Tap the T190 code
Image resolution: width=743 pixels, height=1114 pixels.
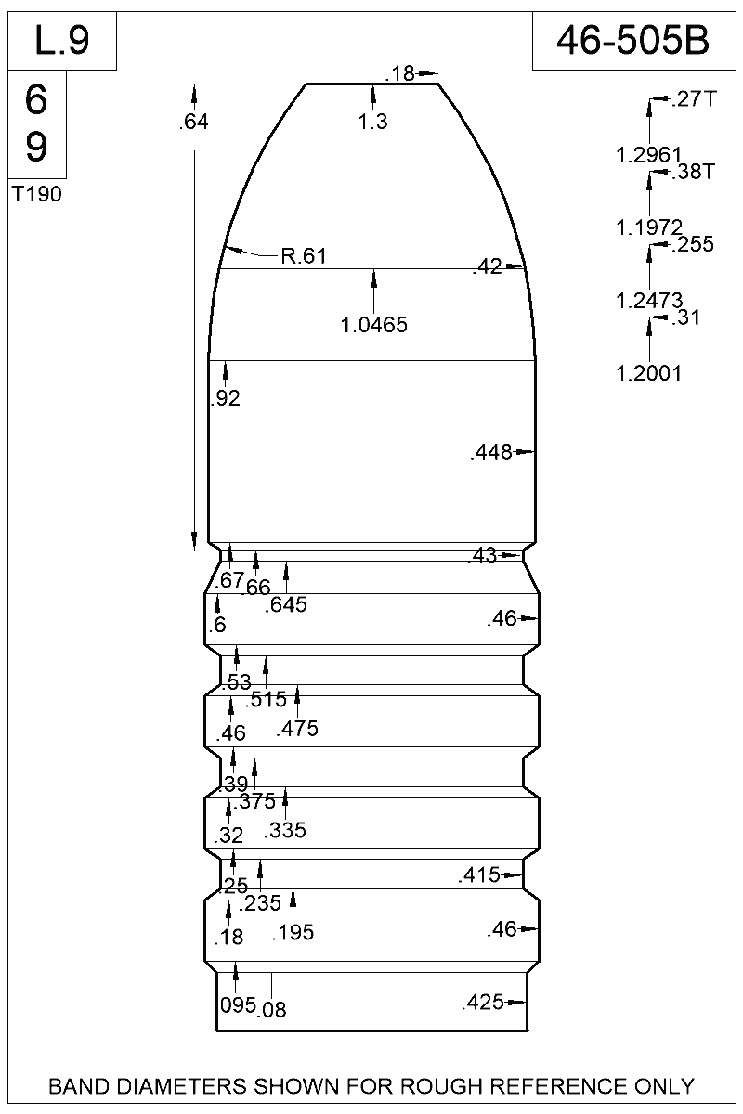pyautogui.click(x=37, y=195)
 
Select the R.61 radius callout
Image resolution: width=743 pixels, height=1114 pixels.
pyautogui.click(x=303, y=257)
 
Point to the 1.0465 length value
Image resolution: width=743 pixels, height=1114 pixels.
pyautogui.click(x=374, y=325)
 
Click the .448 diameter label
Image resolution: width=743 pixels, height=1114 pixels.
pyautogui.click(x=491, y=453)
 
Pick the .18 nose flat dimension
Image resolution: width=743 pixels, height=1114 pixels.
pyautogui.click(x=401, y=73)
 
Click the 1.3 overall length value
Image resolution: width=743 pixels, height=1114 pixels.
pyautogui.click(x=372, y=122)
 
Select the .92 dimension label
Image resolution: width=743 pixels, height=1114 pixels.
pyautogui.click(x=225, y=399)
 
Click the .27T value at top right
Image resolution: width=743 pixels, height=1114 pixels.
pyautogui.click(x=692, y=99)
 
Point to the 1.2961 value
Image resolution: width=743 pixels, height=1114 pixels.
pyautogui.click(x=649, y=154)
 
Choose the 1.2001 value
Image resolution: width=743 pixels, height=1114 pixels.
pyautogui.click(x=649, y=373)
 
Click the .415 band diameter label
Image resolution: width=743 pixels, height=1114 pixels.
pyautogui.click(x=479, y=875)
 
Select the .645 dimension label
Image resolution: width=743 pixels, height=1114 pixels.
pyautogui.click(x=286, y=605)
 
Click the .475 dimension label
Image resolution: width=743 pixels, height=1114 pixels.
pyautogui.click(x=297, y=729)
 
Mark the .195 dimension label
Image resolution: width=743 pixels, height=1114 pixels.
pyautogui.click(x=293, y=933)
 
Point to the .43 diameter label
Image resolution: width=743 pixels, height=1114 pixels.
pyautogui.click(x=484, y=556)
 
